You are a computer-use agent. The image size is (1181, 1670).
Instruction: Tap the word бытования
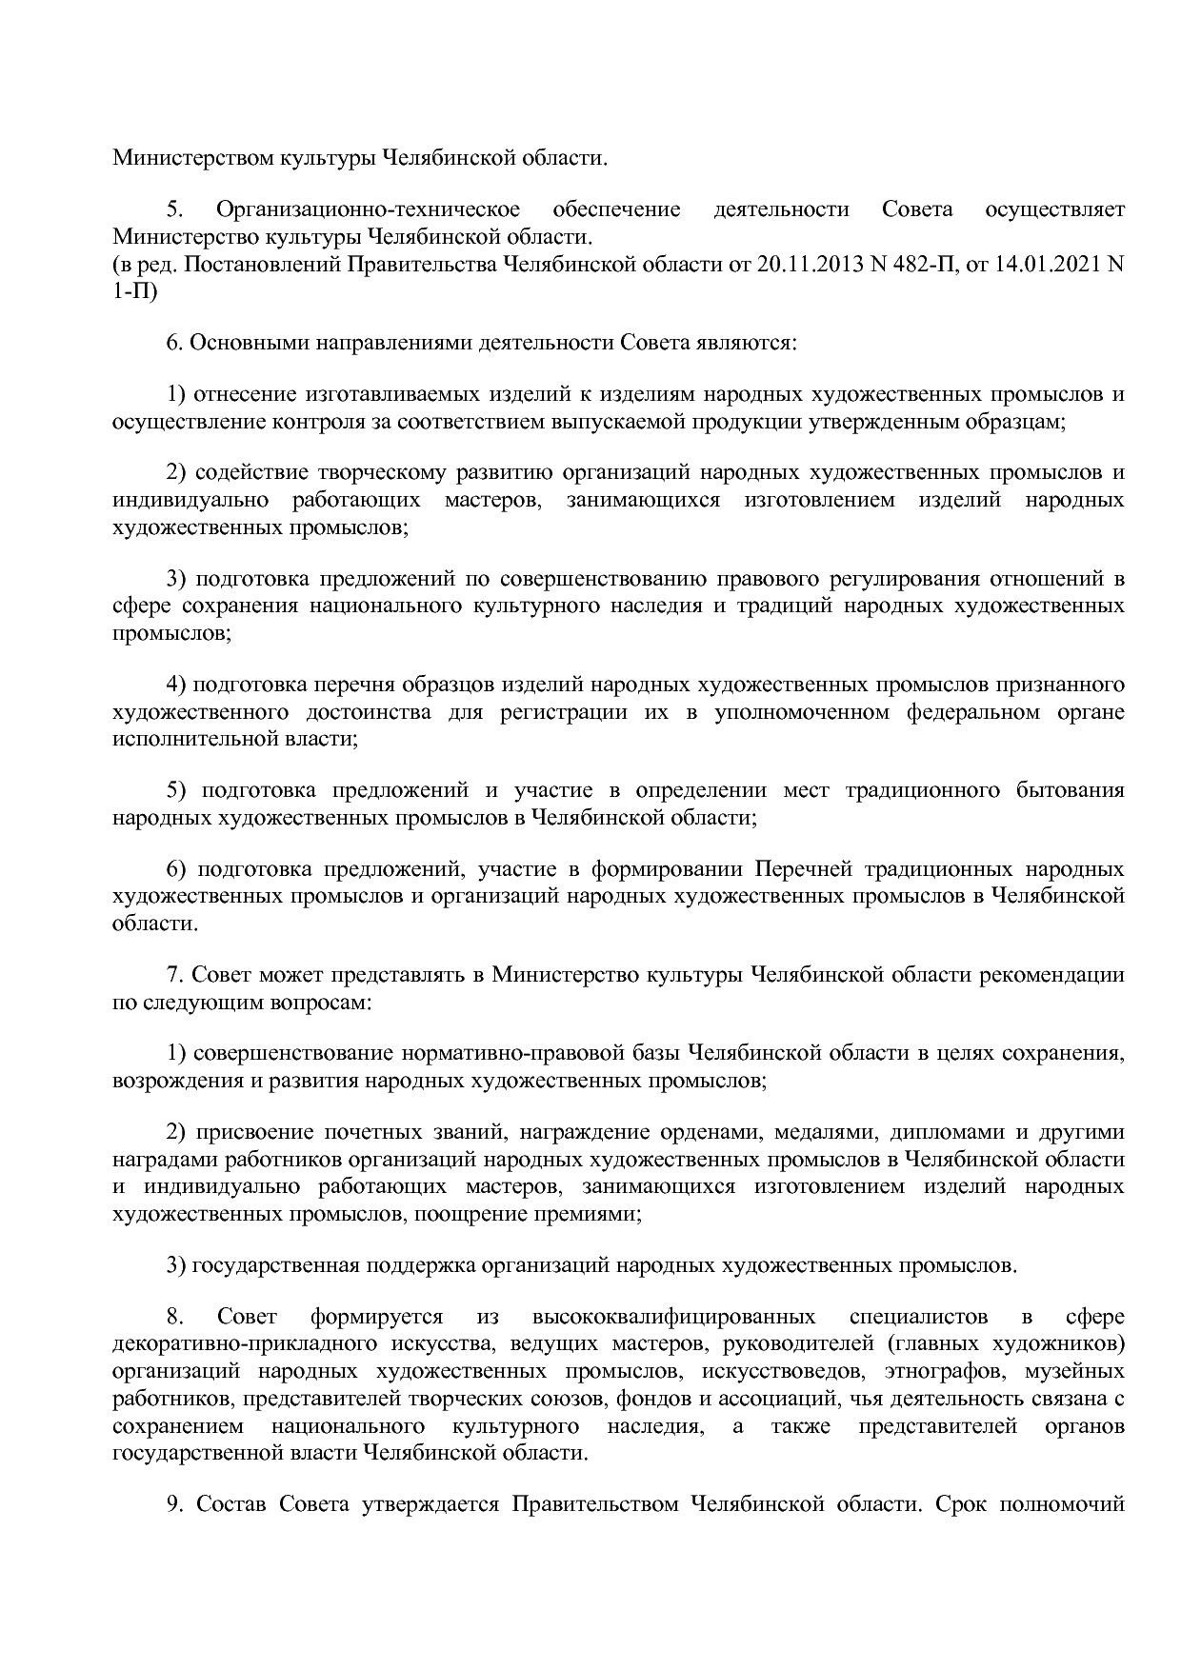pos(1073,790)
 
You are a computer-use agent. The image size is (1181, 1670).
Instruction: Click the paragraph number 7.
pos(173,975)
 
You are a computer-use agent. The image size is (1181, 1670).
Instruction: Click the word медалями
pos(811,1133)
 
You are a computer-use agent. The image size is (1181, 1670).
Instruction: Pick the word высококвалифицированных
pos(673,1318)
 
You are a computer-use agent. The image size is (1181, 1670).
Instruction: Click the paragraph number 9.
pos(174,1504)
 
